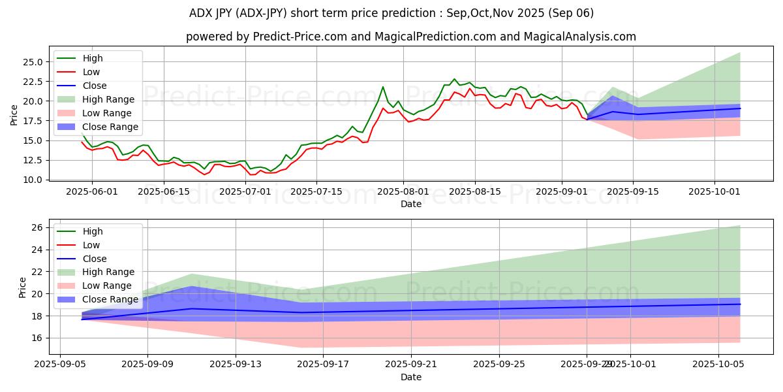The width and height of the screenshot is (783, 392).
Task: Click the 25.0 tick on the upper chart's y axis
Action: pos(33,62)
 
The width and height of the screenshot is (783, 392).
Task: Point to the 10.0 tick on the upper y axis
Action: pos(33,180)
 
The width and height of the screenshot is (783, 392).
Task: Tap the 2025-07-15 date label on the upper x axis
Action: pos(316,191)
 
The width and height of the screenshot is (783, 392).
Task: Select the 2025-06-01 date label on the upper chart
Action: pos(92,191)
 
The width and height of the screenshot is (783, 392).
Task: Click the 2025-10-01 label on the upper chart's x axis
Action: pos(714,191)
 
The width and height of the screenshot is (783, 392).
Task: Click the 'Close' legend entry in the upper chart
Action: pos(95,86)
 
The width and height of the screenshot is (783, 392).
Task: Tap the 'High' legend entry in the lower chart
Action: pos(93,231)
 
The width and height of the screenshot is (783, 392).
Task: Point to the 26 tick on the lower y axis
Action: pos(38,227)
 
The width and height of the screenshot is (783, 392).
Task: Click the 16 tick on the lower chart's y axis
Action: pos(38,338)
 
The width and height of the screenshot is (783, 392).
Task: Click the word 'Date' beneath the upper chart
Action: pos(411,204)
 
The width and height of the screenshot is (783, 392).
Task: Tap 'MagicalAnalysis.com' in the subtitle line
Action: pos(572,37)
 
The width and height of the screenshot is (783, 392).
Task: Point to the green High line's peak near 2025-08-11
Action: pos(454,79)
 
